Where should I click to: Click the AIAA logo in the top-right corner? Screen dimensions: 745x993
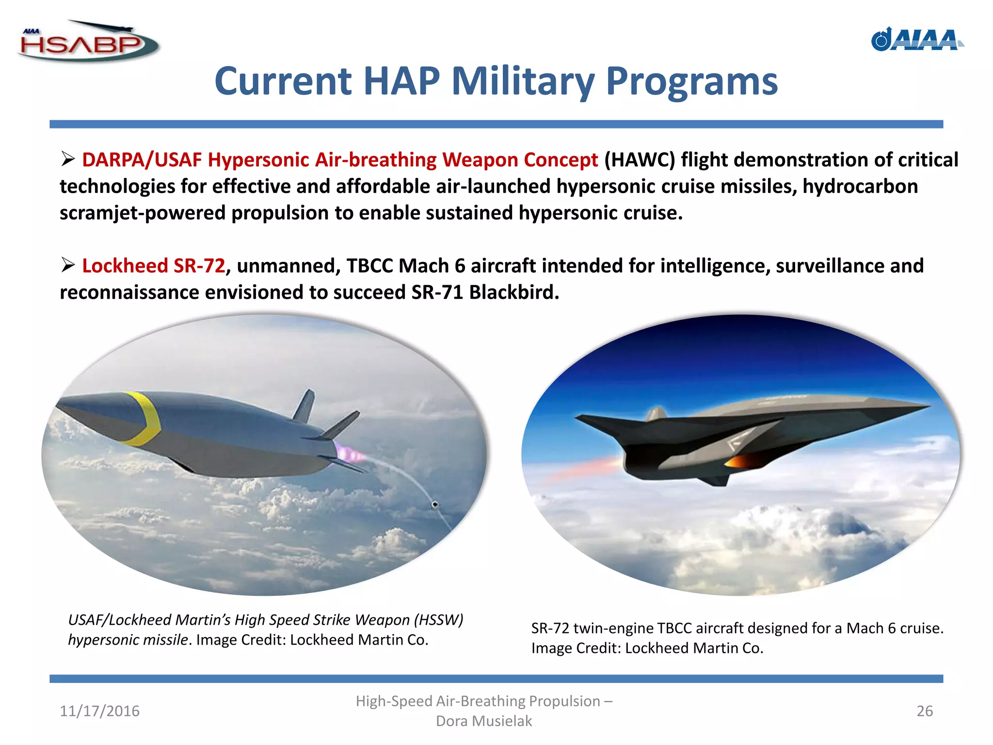(x=916, y=40)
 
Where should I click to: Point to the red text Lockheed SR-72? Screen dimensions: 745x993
(x=153, y=266)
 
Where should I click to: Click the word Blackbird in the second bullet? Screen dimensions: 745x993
(x=514, y=292)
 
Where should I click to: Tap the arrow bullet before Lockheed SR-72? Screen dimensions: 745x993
(x=68, y=265)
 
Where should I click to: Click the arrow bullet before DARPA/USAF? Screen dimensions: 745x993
(x=68, y=159)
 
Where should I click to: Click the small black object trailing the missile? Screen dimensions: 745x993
(x=435, y=505)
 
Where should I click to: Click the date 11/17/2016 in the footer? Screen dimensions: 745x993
(x=99, y=711)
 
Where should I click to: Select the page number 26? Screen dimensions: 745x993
(x=924, y=711)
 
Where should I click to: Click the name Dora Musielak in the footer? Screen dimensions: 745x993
(x=484, y=721)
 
